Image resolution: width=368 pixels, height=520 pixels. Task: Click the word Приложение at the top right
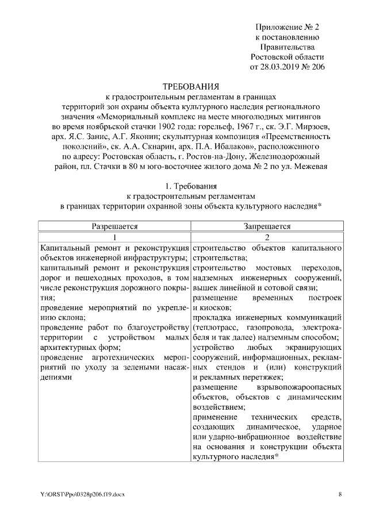(x=277, y=27)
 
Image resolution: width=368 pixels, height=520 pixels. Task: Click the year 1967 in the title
(x=232, y=128)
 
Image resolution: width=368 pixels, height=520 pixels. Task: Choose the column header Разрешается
(x=114, y=226)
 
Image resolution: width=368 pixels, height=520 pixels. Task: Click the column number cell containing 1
(x=114, y=237)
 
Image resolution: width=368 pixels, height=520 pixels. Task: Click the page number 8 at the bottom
(x=340, y=494)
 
